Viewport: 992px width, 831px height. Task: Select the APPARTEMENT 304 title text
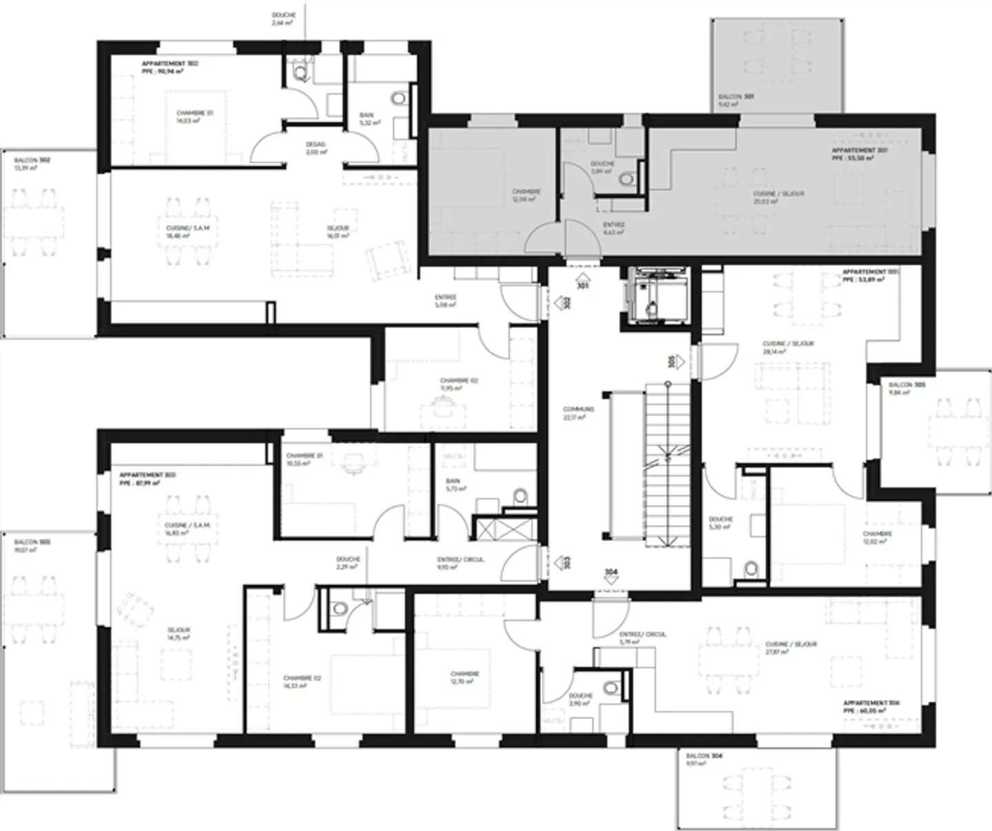(871, 704)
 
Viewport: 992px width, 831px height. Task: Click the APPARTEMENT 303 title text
(147, 475)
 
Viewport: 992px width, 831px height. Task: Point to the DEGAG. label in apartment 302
(316, 145)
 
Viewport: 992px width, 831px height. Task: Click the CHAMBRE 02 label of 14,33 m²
(302, 678)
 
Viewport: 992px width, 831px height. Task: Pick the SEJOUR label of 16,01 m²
(338, 228)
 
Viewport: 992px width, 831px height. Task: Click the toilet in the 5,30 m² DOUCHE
(752, 569)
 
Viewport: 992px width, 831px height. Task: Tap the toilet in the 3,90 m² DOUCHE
(611, 688)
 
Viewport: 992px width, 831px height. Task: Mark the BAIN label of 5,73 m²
(453, 481)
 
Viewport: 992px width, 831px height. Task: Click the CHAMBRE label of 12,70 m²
(464, 674)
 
